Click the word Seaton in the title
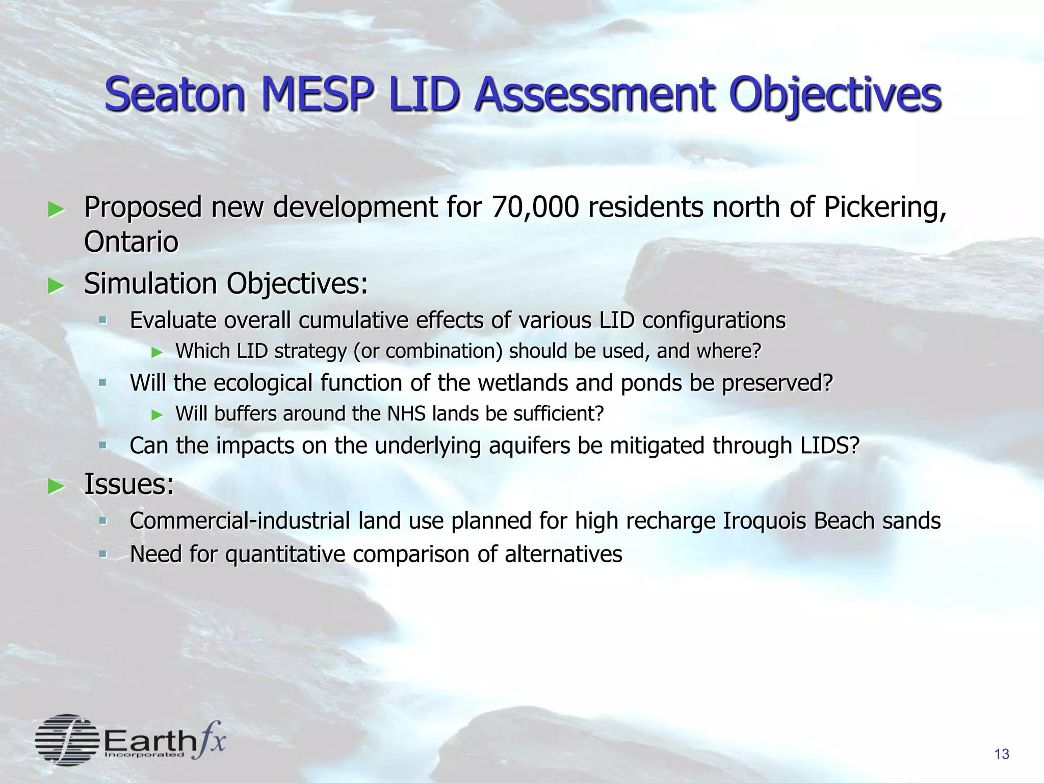(x=175, y=95)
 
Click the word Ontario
(x=131, y=242)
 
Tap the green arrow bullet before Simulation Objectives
(x=56, y=286)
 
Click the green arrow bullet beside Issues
(x=56, y=486)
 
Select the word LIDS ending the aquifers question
(x=829, y=446)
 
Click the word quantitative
(x=285, y=555)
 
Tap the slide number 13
(x=1002, y=754)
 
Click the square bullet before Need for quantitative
(x=103, y=554)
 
